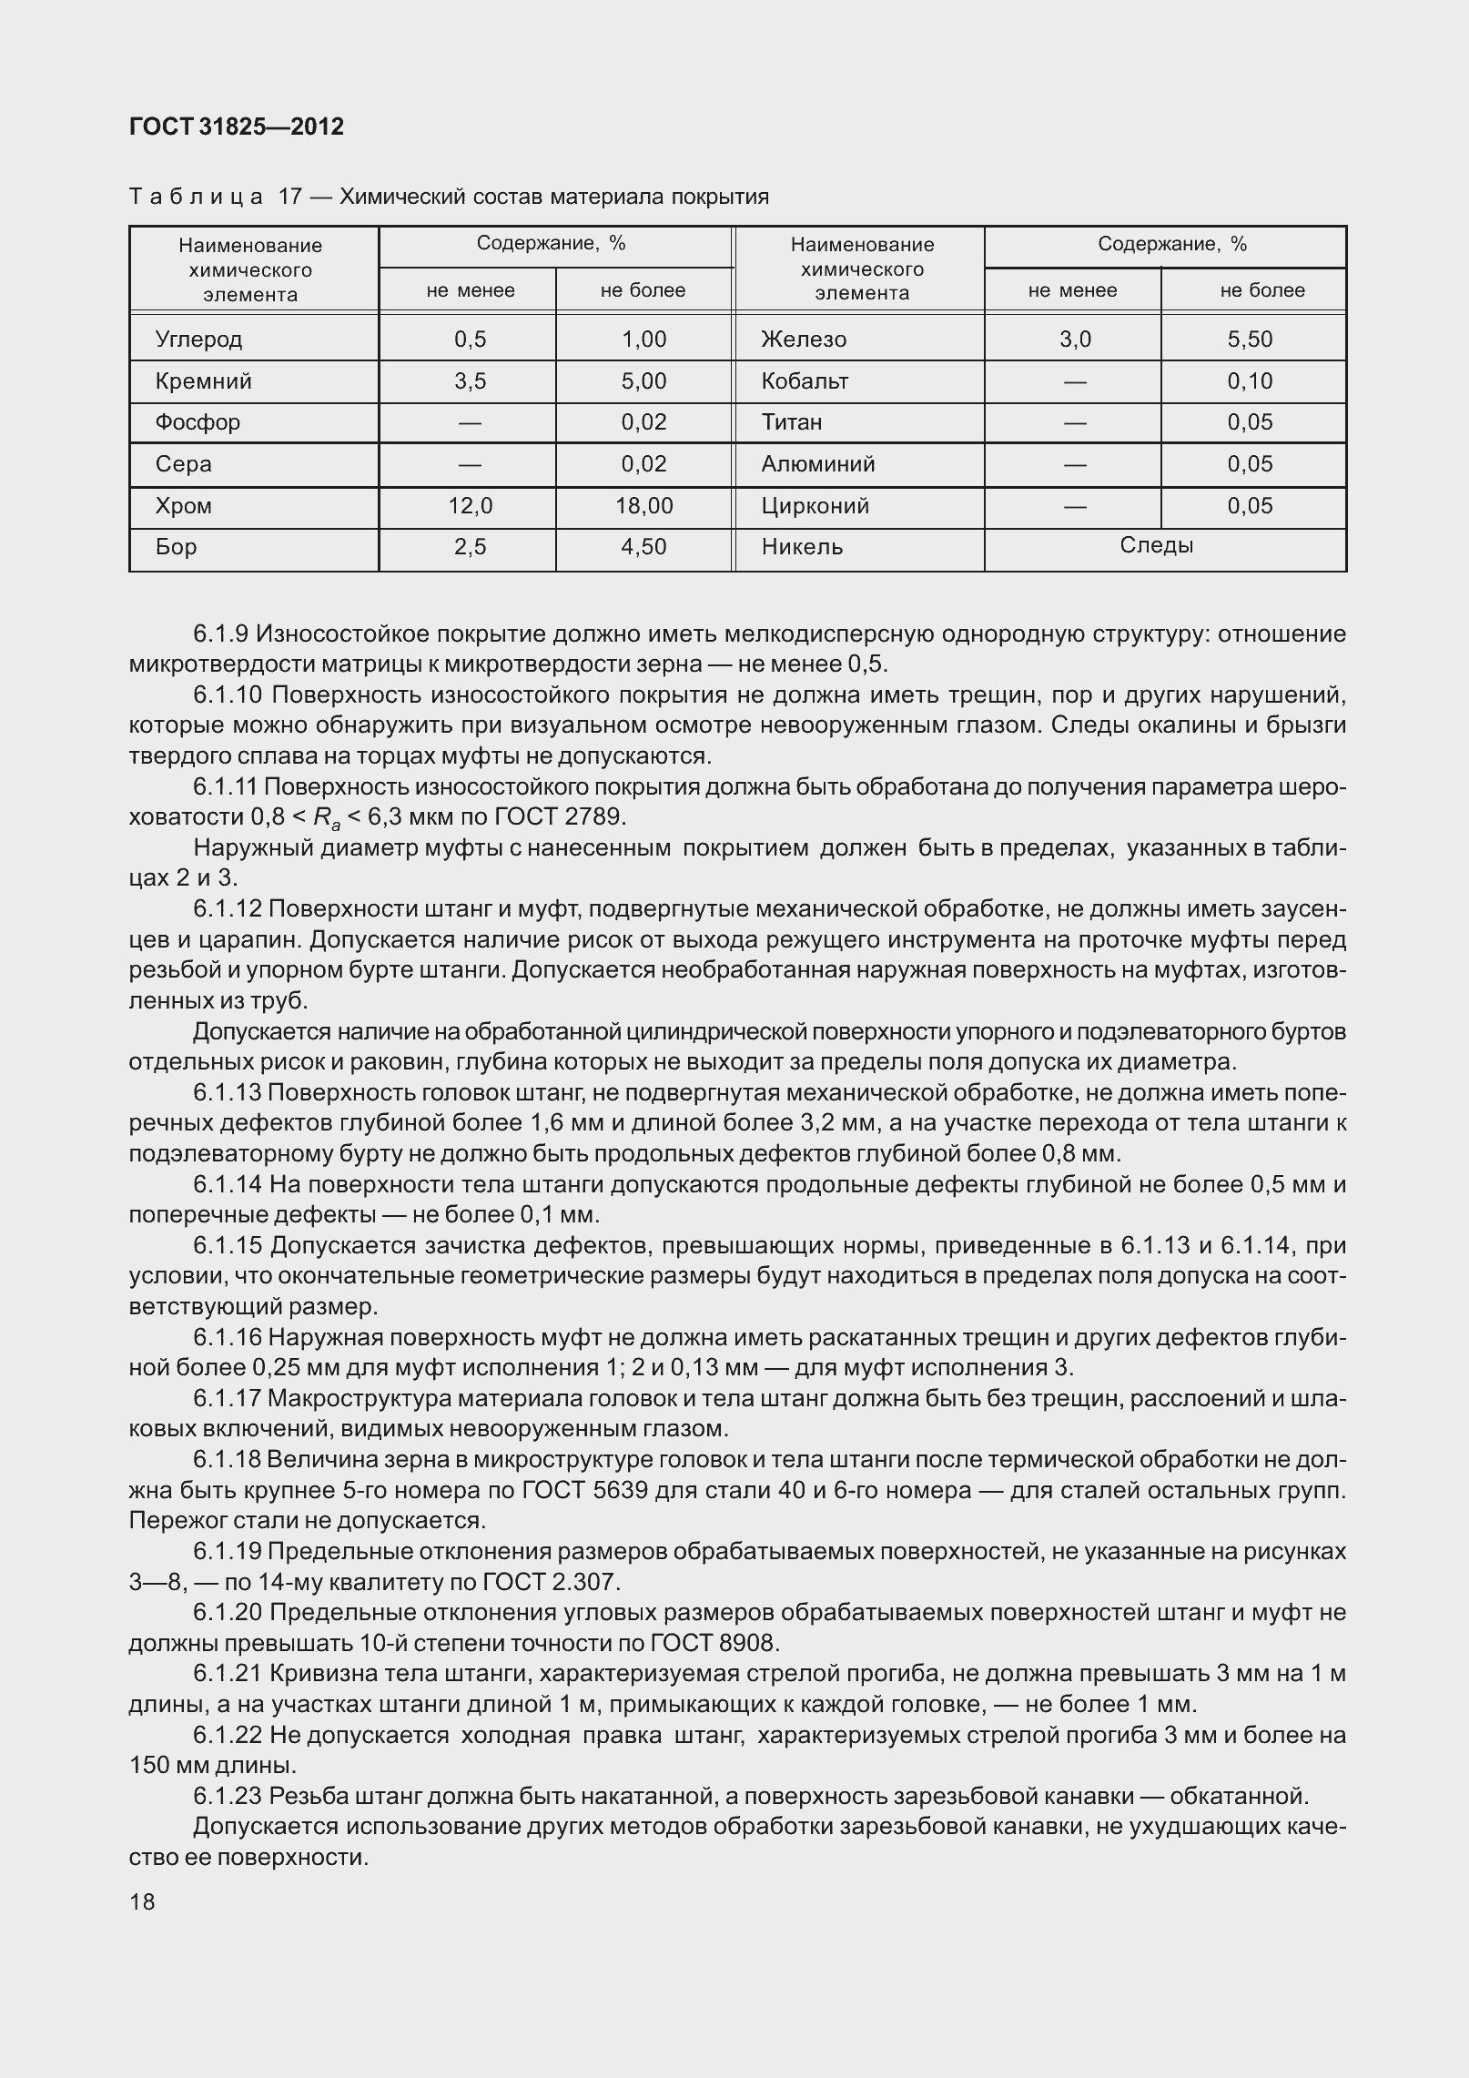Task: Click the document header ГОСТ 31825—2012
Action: [237, 127]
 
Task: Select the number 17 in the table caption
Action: [289, 197]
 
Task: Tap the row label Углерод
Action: [198, 340]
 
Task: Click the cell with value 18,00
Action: [643, 506]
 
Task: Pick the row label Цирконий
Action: [815, 506]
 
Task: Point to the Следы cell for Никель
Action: [1156, 546]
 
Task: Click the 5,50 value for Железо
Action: [1250, 340]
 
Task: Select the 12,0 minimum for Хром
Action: [470, 506]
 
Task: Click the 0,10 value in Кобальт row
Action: [1250, 381]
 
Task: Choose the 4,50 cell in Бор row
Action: [643, 547]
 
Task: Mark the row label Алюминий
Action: [817, 464]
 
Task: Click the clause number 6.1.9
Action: [223, 634]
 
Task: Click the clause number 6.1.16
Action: [228, 1337]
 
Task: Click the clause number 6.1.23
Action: [228, 1796]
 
